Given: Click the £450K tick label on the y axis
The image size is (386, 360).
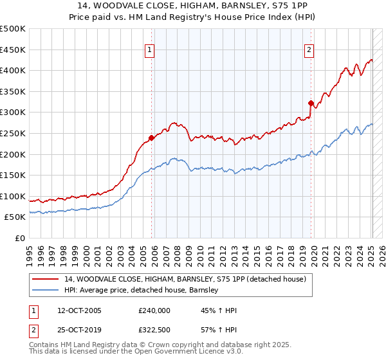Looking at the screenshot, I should pos(13,50).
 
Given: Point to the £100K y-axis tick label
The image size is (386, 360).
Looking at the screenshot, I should pos(13,196).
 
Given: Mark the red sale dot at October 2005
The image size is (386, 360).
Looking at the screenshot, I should pos(152,138).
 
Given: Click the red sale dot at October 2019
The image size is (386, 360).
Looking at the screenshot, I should pos(311,103).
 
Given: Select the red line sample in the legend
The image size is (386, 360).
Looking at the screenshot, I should pos(46,279).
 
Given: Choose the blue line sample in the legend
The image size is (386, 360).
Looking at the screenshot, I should pos(46,290).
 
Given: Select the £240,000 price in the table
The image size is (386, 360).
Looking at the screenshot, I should pos(154,310).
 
